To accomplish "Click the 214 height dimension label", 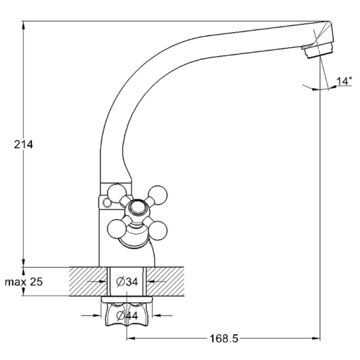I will coord(24,145).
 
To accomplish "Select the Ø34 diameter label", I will coord(127,281).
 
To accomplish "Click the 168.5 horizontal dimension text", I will coord(223,338).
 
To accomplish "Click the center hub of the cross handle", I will coord(137,209).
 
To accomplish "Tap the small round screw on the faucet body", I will coord(107,203).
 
